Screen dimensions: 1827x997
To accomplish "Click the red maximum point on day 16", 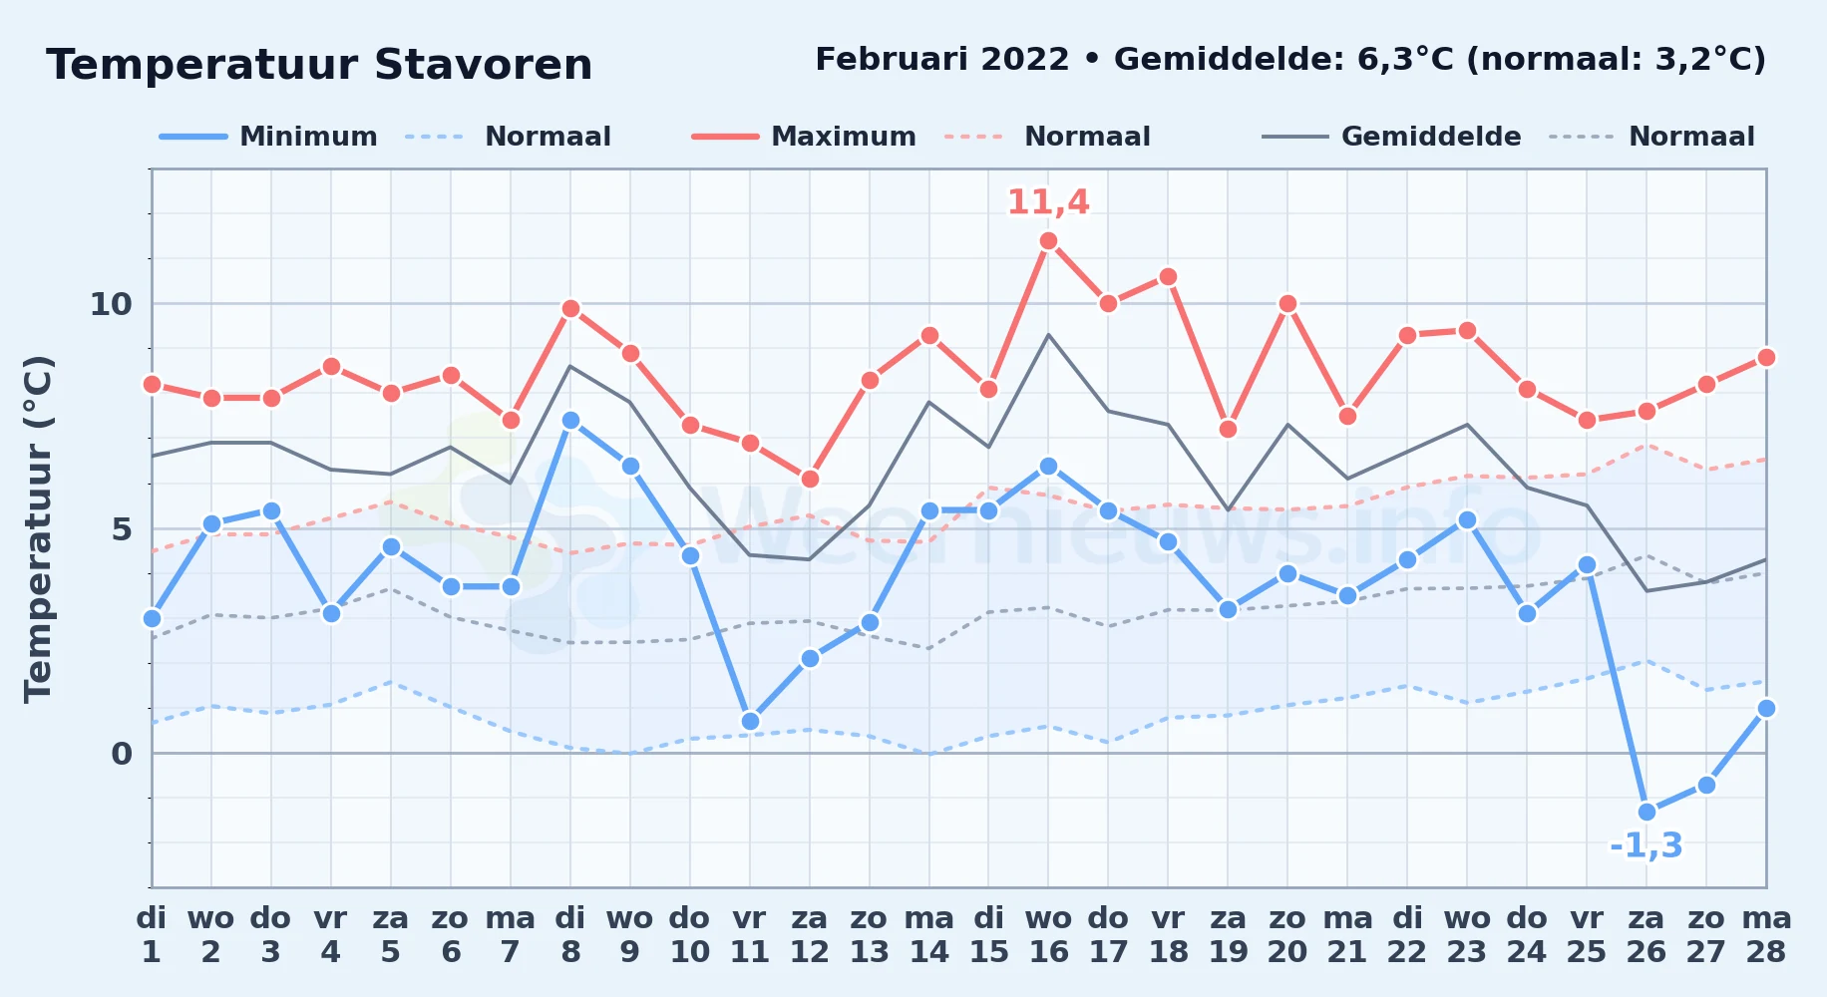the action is pos(1048,240).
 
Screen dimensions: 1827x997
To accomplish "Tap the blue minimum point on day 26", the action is pos(1646,812).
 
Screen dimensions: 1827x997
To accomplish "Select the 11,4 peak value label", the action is pos(1048,202).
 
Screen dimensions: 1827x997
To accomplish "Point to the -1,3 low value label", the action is pos(1646,846).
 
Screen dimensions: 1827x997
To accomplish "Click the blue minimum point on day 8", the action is pos(570,421).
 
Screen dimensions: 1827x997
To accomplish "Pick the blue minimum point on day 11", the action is pos(750,721).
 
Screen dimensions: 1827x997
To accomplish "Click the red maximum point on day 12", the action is pos(810,479).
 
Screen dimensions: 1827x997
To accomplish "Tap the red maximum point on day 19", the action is pos(1228,429).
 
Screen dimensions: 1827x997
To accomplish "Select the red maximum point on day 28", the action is pos(1766,357).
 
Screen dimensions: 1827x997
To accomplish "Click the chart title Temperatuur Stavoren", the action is pos(319,65).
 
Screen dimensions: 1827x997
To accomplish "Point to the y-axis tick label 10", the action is pos(111,304).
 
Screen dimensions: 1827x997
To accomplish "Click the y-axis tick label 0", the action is pos(122,754).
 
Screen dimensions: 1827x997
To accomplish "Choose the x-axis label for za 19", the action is pos(1228,935).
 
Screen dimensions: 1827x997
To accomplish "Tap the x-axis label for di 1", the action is pos(152,935).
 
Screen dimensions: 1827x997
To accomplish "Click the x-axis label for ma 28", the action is pos(1766,935).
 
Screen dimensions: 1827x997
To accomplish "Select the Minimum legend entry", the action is pos(268,137).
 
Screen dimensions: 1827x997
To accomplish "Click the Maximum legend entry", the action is pos(804,137).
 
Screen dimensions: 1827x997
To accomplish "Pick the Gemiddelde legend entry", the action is pos(1392,137).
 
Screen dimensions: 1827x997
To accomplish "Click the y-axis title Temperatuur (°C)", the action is pos(38,528).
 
